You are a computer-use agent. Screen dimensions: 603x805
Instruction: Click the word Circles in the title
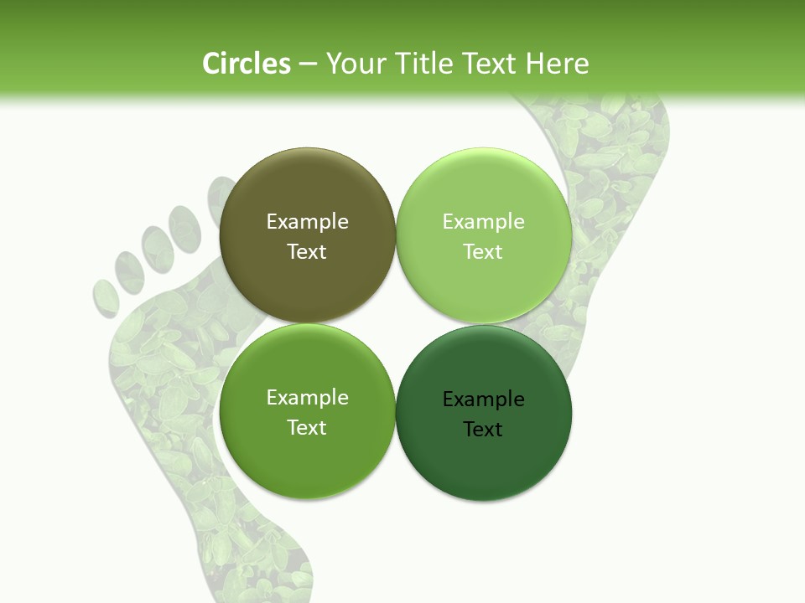click(246, 64)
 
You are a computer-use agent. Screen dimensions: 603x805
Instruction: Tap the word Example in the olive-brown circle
click(307, 221)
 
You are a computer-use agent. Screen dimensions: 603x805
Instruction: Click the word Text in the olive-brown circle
click(307, 251)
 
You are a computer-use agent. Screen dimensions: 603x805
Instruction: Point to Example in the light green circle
click(483, 221)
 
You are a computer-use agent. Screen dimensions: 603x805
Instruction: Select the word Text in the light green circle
click(483, 251)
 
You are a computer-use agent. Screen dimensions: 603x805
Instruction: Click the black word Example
click(483, 399)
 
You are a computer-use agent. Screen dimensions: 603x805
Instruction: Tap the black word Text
click(483, 429)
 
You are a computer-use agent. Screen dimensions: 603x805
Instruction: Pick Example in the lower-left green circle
click(307, 397)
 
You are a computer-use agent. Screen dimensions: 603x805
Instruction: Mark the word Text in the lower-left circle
click(307, 427)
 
